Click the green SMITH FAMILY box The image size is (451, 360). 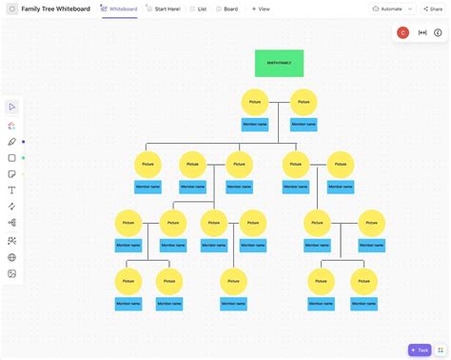[x=279, y=63]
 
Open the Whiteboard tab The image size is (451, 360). [x=119, y=9]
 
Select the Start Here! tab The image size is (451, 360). [x=166, y=9]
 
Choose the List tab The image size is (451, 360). [x=199, y=9]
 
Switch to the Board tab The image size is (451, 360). [x=227, y=9]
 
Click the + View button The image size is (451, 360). [x=261, y=9]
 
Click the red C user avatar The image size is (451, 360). [x=403, y=32]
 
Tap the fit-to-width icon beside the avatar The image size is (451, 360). [x=422, y=32]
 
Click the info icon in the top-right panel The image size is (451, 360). [x=438, y=32]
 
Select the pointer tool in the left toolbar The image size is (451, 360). [x=12, y=107]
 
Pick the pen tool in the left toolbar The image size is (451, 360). [x=12, y=142]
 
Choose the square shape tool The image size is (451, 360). [x=12, y=158]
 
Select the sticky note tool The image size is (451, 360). [x=12, y=174]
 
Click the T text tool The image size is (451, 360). [x=12, y=190]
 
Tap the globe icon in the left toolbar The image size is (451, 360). [x=12, y=257]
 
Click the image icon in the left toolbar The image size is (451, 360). [x=12, y=273]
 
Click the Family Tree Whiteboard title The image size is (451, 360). [x=56, y=9]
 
